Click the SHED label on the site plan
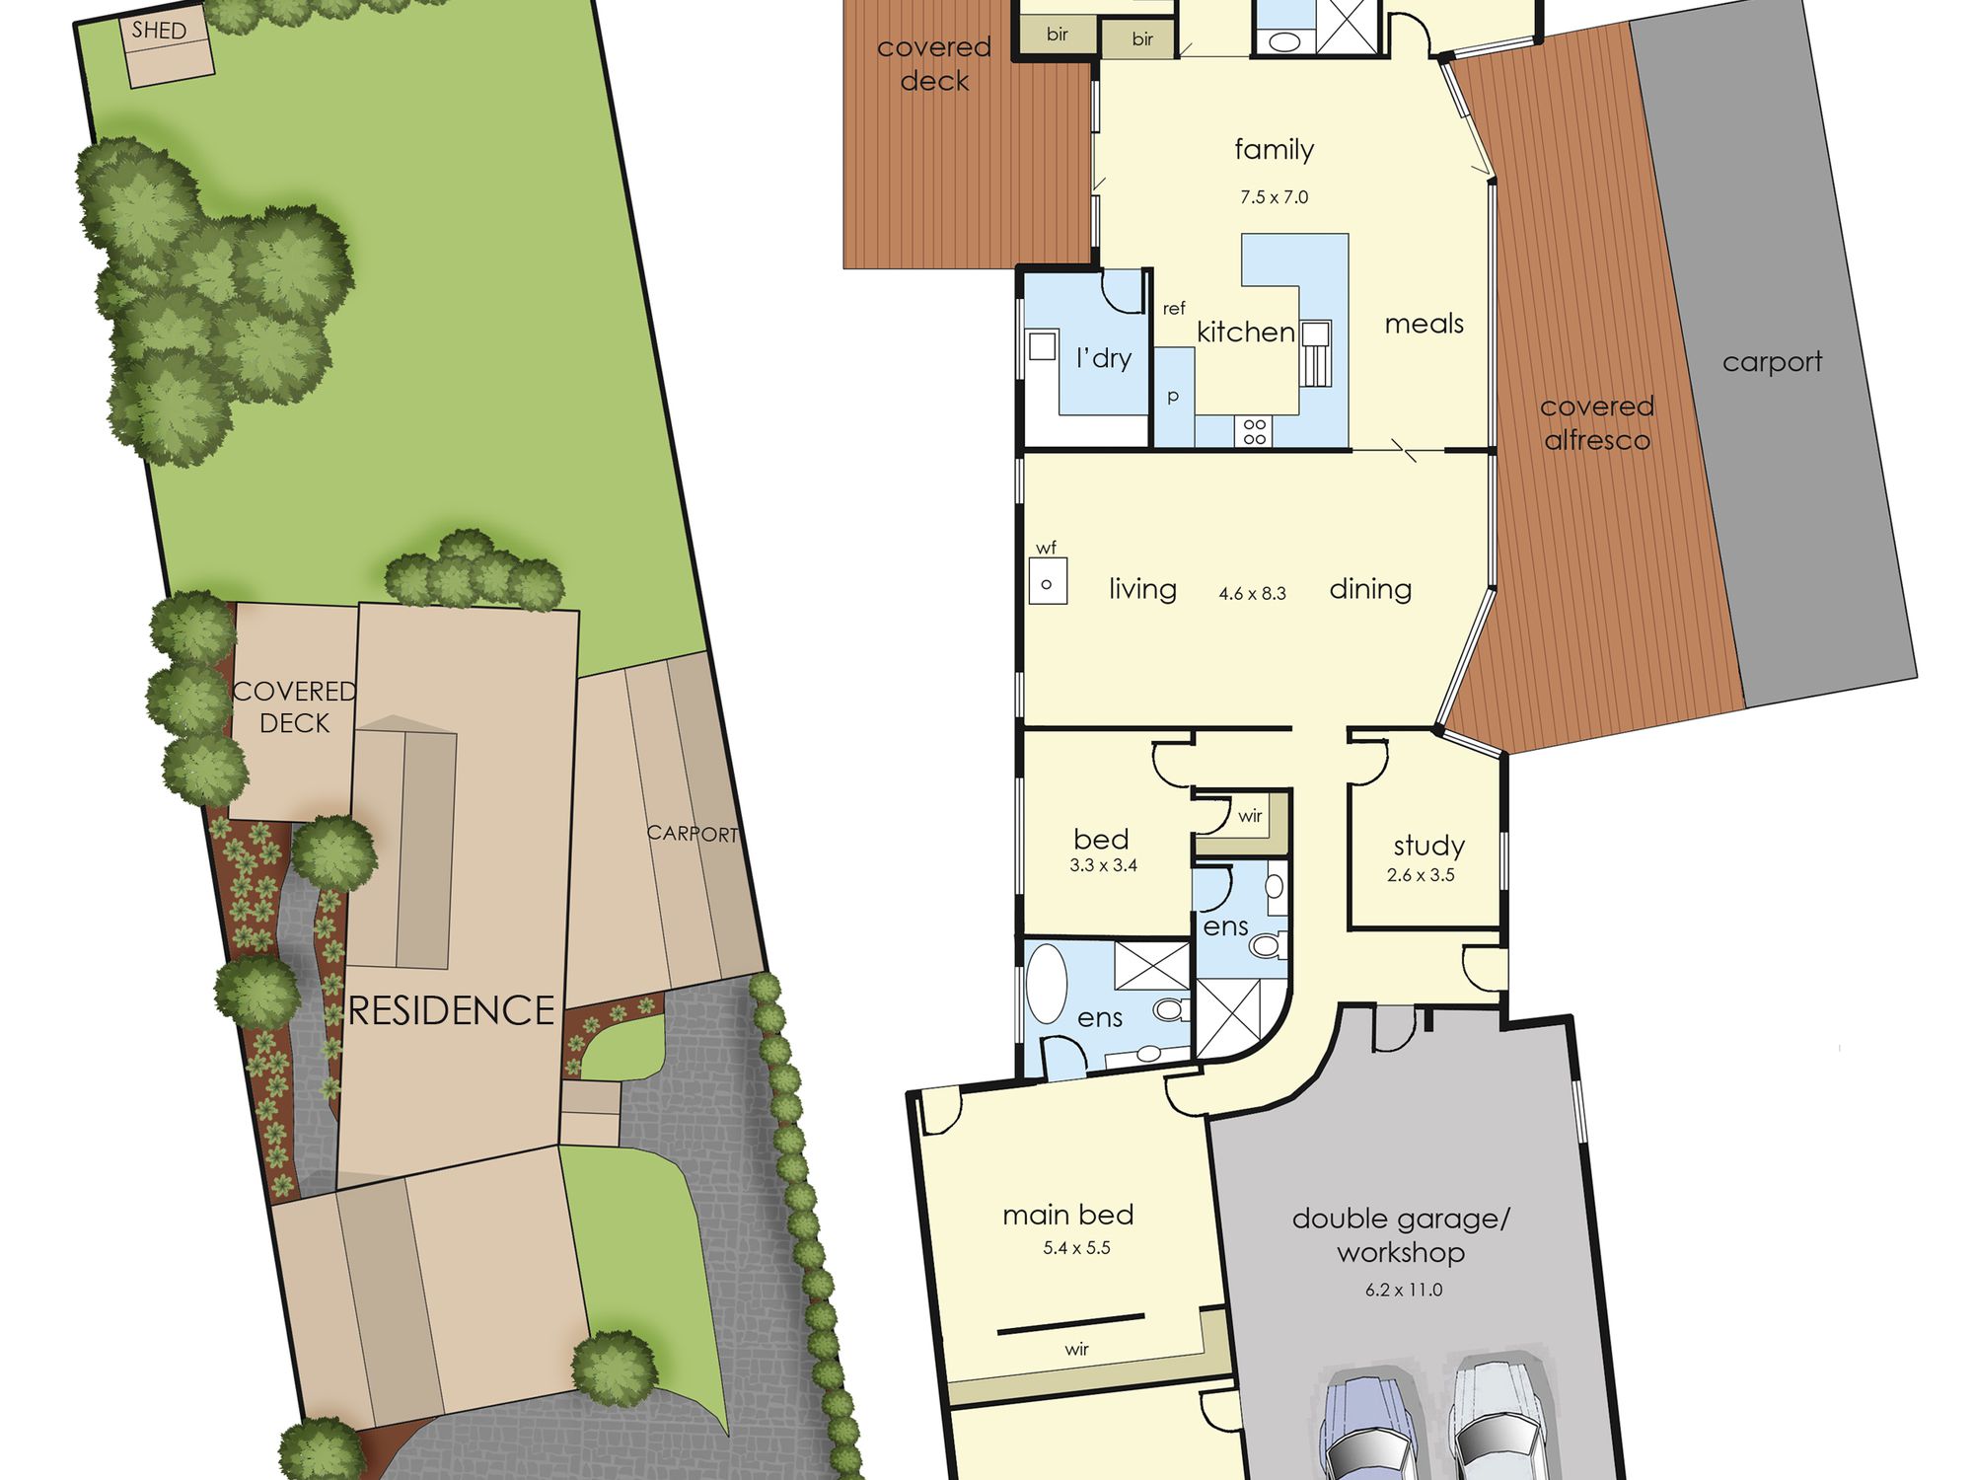tap(159, 31)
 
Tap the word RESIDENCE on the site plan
tap(452, 1010)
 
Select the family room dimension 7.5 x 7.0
tap(1275, 197)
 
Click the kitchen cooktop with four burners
tap(1255, 431)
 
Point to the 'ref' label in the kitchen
tap(1174, 309)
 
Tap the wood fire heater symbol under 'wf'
tap(1048, 581)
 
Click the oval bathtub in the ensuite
tap(1047, 985)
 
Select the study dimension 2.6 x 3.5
tap(1421, 875)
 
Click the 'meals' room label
tap(1424, 324)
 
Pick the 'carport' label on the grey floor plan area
tap(1773, 362)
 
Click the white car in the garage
tap(1496, 1421)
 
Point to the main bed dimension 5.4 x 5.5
tap(1076, 1248)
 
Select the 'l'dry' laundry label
tap(1104, 358)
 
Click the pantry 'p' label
tap(1173, 397)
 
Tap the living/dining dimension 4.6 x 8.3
tap(1252, 594)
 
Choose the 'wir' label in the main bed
tap(1076, 1349)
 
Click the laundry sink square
tap(1043, 346)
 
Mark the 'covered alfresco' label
tap(1597, 422)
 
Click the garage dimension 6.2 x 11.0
tap(1404, 1290)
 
